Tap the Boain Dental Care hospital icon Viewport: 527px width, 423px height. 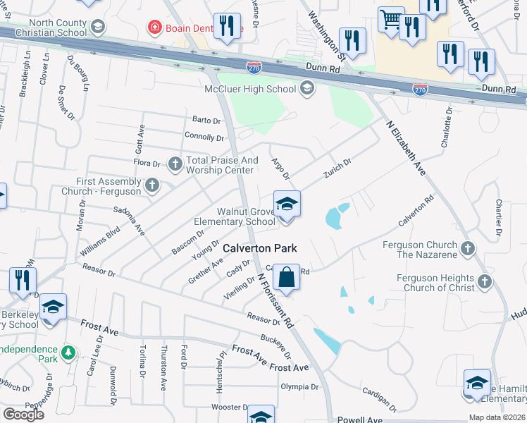point(153,28)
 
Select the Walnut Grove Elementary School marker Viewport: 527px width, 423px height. point(287,205)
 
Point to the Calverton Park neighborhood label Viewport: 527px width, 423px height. point(260,248)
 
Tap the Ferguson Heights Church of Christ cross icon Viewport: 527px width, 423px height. point(483,282)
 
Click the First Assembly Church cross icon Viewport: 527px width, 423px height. point(151,185)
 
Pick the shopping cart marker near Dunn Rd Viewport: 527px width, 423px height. point(391,20)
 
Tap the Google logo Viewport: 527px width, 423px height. point(23,415)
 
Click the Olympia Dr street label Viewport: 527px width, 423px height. point(299,387)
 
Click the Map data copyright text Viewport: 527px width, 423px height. point(497,417)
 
